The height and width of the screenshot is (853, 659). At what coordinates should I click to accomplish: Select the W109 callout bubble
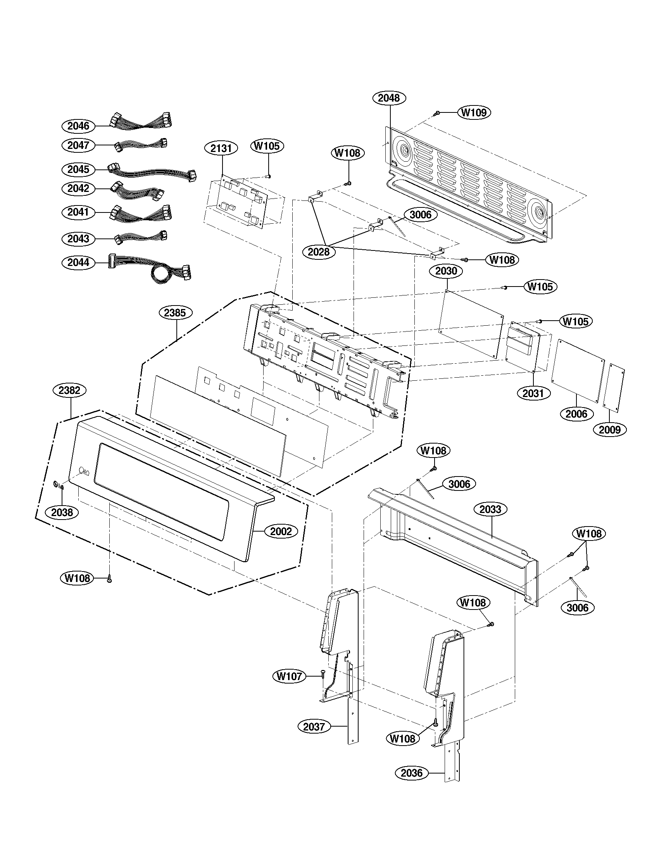(474, 112)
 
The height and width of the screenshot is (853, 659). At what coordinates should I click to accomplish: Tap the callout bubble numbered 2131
(221, 148)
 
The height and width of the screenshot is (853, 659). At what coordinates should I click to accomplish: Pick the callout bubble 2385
(175, 313)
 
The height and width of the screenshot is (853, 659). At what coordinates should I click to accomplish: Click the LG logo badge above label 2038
(58, 485)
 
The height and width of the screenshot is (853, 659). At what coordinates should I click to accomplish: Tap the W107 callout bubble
(289, 676)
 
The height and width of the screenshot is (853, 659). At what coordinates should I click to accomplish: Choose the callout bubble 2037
(314, 727)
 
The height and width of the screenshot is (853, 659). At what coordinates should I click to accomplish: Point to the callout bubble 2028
(319, 252)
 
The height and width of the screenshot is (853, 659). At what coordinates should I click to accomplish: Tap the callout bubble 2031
(533, 393)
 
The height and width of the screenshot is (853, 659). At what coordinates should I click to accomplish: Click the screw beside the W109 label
(437, 113)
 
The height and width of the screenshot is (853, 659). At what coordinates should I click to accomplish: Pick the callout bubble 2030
(446, 271)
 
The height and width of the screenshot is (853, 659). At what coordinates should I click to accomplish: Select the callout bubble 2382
(70, 390)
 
